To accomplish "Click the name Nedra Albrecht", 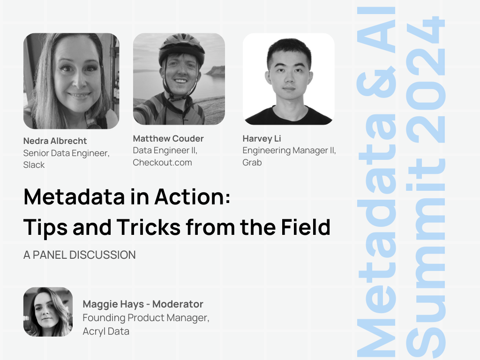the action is point(55,141).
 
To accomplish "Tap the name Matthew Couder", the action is point(168,138).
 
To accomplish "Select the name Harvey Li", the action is point(262,139).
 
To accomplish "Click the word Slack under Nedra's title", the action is point(34,165).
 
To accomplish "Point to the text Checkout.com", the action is point(162,162).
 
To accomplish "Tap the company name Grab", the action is point(252,162).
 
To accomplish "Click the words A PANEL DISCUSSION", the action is point(80,255).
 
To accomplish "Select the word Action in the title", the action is point(192,197).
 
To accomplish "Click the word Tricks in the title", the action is point(149,227).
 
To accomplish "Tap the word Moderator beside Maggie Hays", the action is point(178,304).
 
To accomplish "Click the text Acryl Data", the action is point(106,331).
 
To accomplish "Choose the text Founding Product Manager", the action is point(146,318).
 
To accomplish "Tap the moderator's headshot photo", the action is point(48,312).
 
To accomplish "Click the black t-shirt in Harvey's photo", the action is point(288,116).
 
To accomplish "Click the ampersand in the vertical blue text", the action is point(376,81).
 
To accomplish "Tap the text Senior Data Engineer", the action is point(66,153).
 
